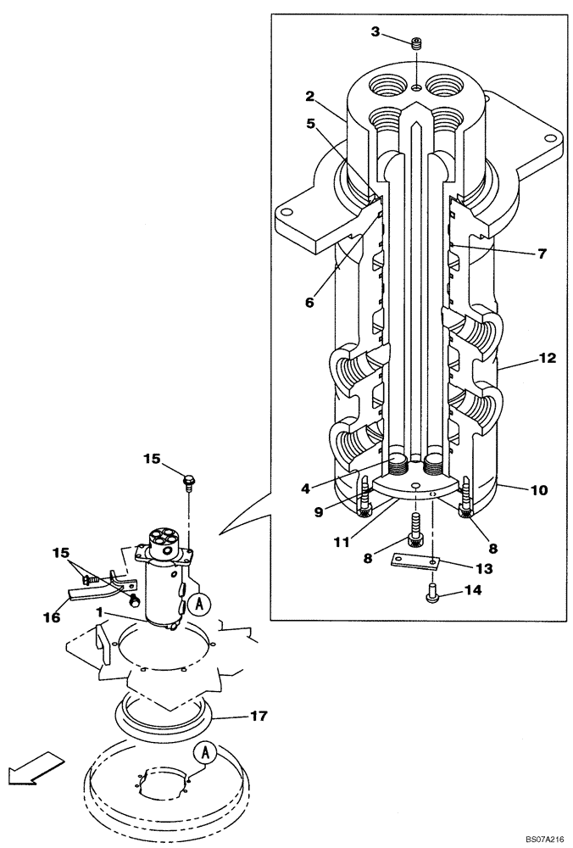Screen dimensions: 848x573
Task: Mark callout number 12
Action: (x=547, y=359)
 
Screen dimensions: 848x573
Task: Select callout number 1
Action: (x=98, y=612)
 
